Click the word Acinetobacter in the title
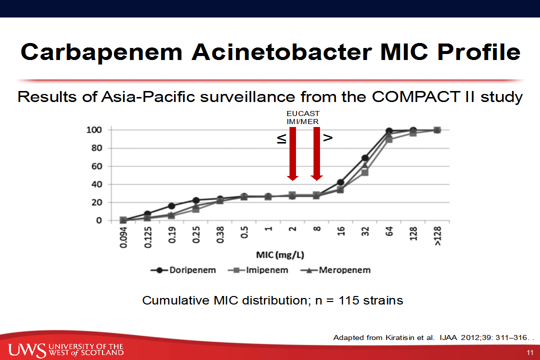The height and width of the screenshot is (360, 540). pos(282,52)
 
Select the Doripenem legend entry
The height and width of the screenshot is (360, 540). pos(183,270)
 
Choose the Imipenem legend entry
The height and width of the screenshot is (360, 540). pos(258,270)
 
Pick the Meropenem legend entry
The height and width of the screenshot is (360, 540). pos(335,270)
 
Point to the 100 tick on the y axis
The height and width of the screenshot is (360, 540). pos(93,130)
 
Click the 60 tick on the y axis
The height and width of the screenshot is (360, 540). pos(97,166)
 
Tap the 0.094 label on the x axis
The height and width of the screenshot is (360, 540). pos(123,237)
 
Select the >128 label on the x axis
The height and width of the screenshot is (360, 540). pos(437,236)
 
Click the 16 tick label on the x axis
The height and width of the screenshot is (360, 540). pos(340,231)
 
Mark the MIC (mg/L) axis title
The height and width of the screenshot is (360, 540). pos(280,255)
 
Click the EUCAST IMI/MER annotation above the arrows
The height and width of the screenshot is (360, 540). pos(303,117)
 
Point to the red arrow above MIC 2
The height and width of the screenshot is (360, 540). pos(292,153)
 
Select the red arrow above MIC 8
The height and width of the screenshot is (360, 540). pos(317,153)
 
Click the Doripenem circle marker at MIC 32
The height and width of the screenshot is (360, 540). pos(365,158)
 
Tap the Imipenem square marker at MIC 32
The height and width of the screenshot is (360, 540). pos(364,172)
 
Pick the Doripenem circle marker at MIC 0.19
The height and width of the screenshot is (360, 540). pos(171,206)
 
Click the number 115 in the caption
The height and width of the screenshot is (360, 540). pos(349,300)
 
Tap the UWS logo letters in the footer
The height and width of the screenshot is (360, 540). pos(27,350)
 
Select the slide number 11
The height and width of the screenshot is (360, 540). pos(530,353)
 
